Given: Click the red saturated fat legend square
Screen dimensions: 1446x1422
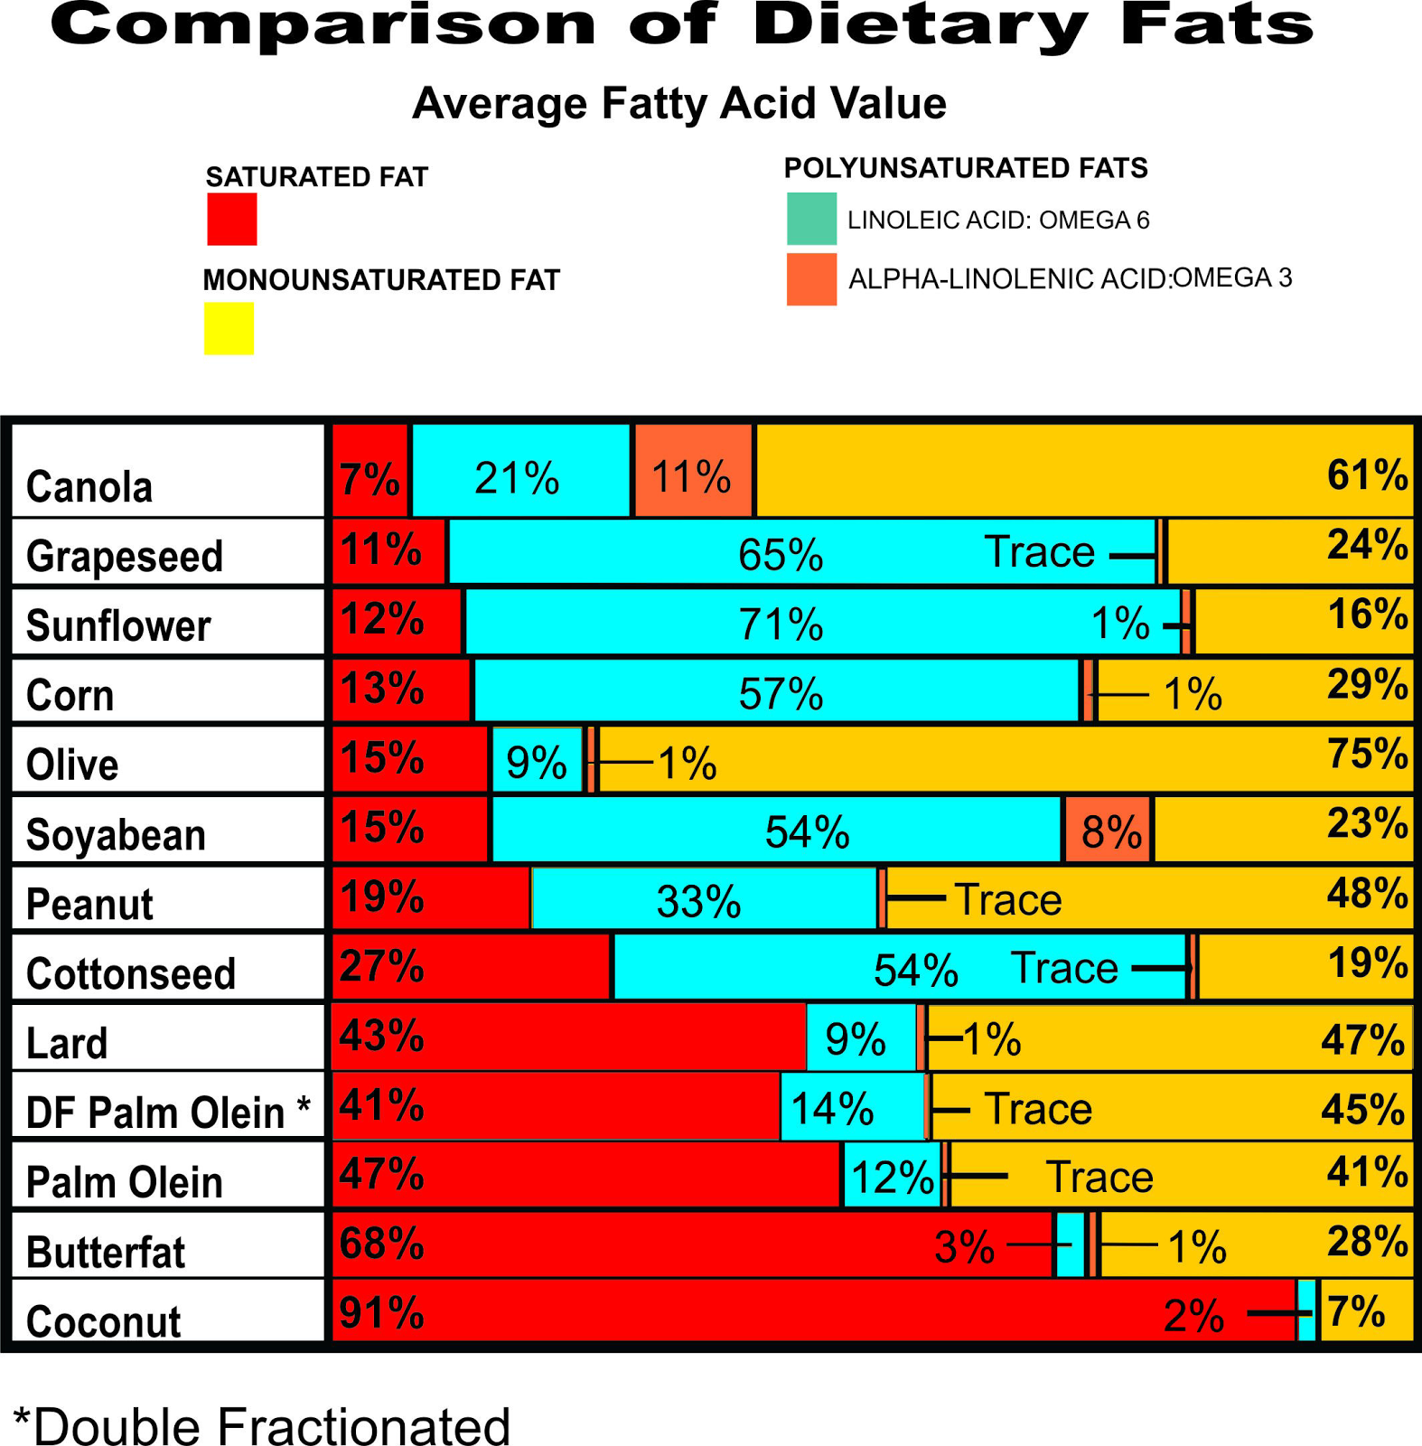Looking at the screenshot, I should pyautogui.click(x=232, y=220).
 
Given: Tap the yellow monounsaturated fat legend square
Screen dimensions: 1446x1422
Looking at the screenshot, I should pyautogui.click(x=229, y=329).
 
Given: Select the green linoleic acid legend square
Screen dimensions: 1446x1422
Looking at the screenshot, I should pyautogui.click(x=811, y=219).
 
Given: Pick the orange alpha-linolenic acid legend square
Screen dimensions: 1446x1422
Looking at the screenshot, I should pyautogui.click(x=811, y=279).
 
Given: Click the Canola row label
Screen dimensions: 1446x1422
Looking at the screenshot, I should pyautogui.click(x=89, y=486).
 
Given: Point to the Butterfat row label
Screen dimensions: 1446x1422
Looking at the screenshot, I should pyautogui.click(x=105, y=1252).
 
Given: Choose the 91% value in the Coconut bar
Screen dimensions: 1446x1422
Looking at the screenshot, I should pyautogui.click(x=381, y=1312).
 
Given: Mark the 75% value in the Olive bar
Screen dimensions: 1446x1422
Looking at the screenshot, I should pyautogui.click(x=1367, y=753).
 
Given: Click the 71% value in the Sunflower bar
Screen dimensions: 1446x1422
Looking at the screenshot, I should pyautogui.click(x=781, y=624).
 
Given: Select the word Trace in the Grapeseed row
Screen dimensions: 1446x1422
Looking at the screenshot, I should pyautogui.click(x=1039, y=551).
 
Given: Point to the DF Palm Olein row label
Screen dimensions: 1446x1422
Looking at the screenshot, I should pyautogui.click(x=167, y=1112).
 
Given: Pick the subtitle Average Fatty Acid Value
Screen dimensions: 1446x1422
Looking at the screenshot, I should pyautogui.click(x=678, y=103).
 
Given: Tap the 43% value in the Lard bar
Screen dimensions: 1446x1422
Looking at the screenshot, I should pyautogui.click(x=381, y=1035).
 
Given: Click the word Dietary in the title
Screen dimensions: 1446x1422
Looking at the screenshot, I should pyautogui.click(x=919, y=25).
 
